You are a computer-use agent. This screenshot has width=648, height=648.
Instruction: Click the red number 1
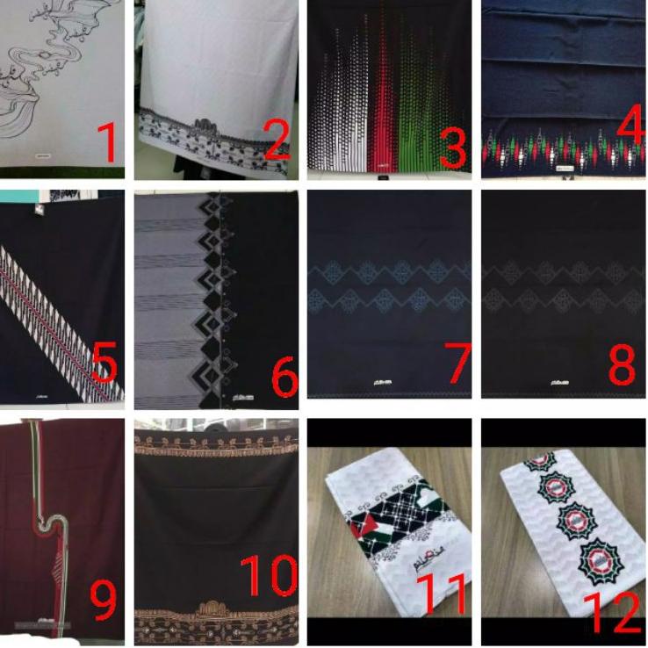tap(106, 143)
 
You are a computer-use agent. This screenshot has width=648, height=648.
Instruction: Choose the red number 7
tap(457, 364)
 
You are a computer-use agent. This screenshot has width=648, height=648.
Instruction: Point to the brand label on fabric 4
tap(563, 167)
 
